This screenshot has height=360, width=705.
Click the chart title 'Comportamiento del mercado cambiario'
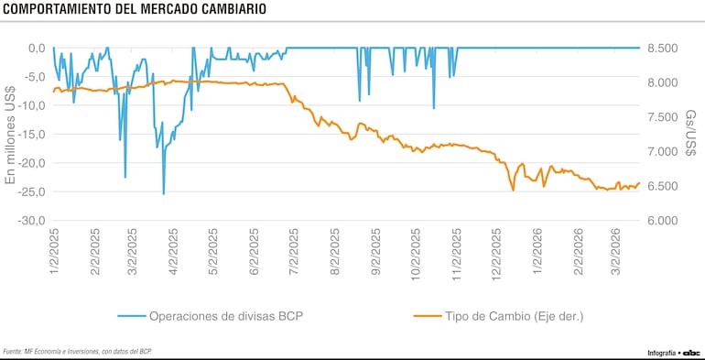click(x=136, y=10)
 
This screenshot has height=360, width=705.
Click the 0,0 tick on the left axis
click(x=36, y=48)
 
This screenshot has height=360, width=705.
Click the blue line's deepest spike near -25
click(x=164, y=193)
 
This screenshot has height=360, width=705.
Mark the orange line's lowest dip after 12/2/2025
click(x=513, y=190)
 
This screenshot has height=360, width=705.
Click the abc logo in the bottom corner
click(x=691, y=352)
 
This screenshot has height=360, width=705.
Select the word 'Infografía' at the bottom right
click(x=661, y=352)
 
